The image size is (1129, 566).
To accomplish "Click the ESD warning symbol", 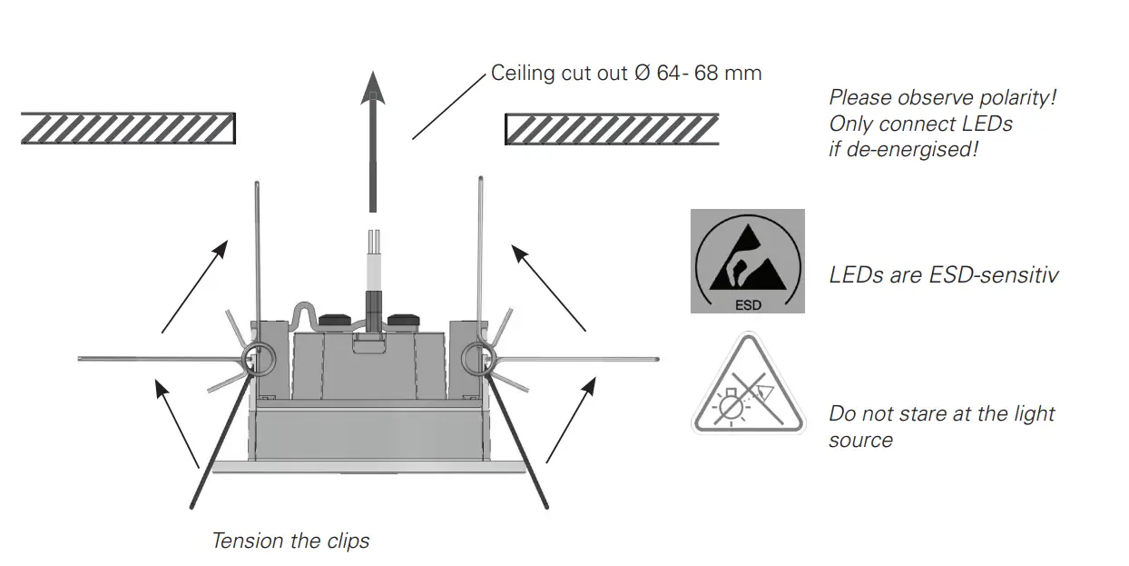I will point(747,261).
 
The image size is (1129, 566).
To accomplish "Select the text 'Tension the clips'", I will point(290,541).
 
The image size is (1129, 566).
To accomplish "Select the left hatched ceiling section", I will point(128,128).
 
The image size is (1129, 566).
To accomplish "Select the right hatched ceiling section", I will point(612,129).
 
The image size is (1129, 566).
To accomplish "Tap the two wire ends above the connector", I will point(372,243).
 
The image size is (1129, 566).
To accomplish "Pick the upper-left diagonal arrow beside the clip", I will point(193,287).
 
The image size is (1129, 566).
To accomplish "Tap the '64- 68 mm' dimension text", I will point(709,74).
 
